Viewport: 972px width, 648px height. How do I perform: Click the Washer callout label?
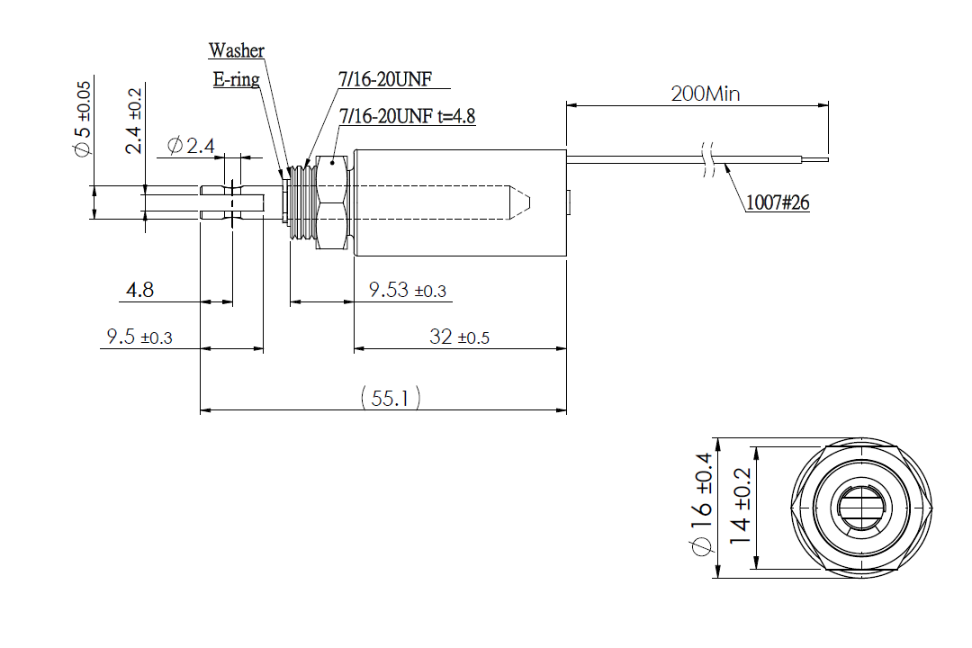click(236, 50)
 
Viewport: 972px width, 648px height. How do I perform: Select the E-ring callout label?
click(236, 79)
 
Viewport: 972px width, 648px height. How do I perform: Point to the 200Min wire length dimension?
click(706, 94)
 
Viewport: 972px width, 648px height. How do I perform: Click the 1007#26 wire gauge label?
click(778, 203)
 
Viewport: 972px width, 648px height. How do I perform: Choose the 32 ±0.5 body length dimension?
click(459, 337)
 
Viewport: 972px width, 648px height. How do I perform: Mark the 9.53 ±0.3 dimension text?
click(408, 291)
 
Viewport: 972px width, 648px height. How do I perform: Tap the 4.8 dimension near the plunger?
click(140, 291)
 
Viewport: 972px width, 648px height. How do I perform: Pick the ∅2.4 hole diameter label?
click(190, 145)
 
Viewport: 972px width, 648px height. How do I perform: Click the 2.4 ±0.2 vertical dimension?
click(134, 121)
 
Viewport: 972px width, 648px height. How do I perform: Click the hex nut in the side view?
click(332, 202)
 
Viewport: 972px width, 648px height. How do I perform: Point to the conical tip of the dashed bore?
click(522, 202)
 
